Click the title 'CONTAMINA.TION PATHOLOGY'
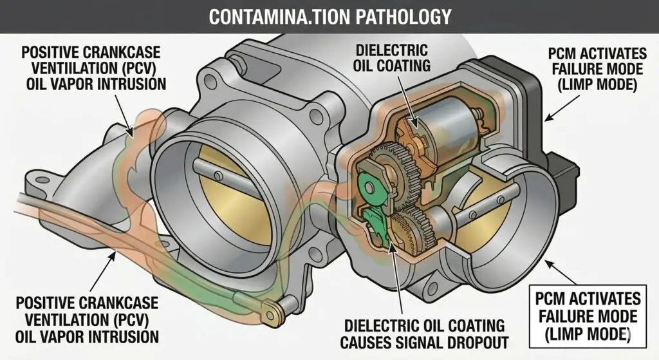click(329, 15)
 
